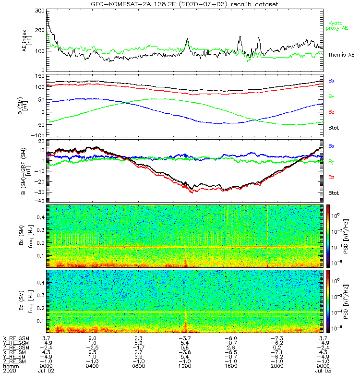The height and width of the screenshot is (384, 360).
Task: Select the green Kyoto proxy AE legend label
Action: coord(338,26)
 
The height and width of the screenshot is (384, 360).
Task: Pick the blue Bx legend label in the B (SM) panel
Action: coord(331,80)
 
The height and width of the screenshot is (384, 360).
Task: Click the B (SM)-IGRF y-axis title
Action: coord(25,173)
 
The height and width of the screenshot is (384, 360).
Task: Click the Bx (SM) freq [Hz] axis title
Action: coord(25,235)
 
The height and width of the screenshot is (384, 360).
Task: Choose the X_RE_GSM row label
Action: coord(16,338)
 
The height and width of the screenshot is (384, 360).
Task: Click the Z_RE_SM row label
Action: coord(16,362)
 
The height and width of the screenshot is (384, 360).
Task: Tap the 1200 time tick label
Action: coord(184,367)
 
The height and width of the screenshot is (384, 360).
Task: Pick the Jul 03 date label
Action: coord(322,371)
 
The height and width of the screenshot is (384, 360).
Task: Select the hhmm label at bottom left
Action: coord(9,367)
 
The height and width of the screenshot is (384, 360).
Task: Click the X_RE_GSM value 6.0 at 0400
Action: coord(93,338)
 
